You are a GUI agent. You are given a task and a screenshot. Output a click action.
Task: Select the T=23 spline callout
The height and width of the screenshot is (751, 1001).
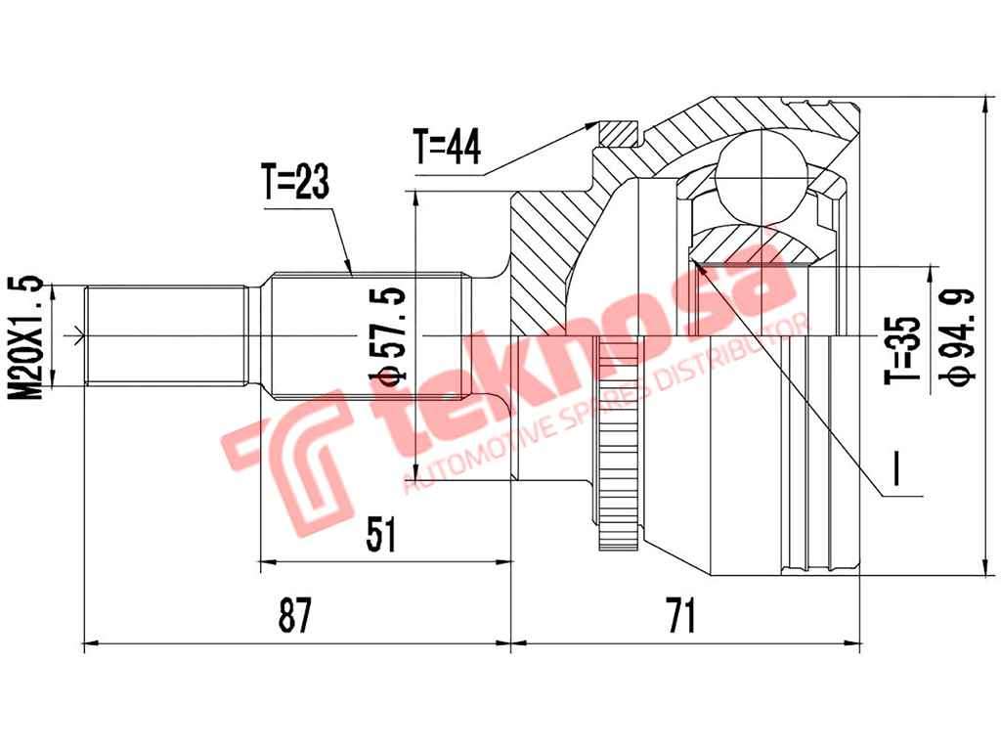point(294,181)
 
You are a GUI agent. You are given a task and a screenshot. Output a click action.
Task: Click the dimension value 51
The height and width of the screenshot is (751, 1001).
point(381,534)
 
